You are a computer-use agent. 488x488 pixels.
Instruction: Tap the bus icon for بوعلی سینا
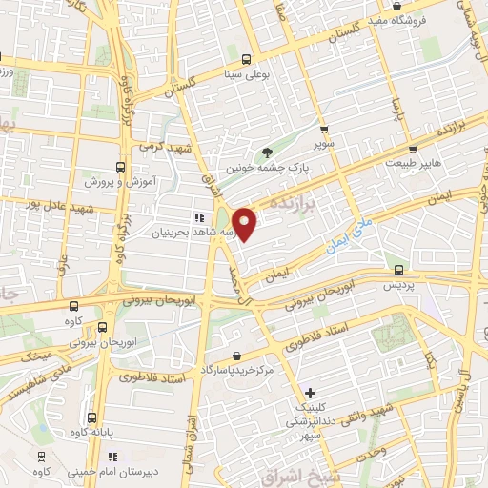247,57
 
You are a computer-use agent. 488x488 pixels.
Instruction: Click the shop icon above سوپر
324,130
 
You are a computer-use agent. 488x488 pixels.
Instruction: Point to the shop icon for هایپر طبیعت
412,149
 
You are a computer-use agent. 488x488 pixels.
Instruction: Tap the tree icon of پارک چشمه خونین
268,152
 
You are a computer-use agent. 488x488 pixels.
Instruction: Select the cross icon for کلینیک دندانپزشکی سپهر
311,393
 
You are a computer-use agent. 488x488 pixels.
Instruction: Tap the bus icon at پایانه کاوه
92,417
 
